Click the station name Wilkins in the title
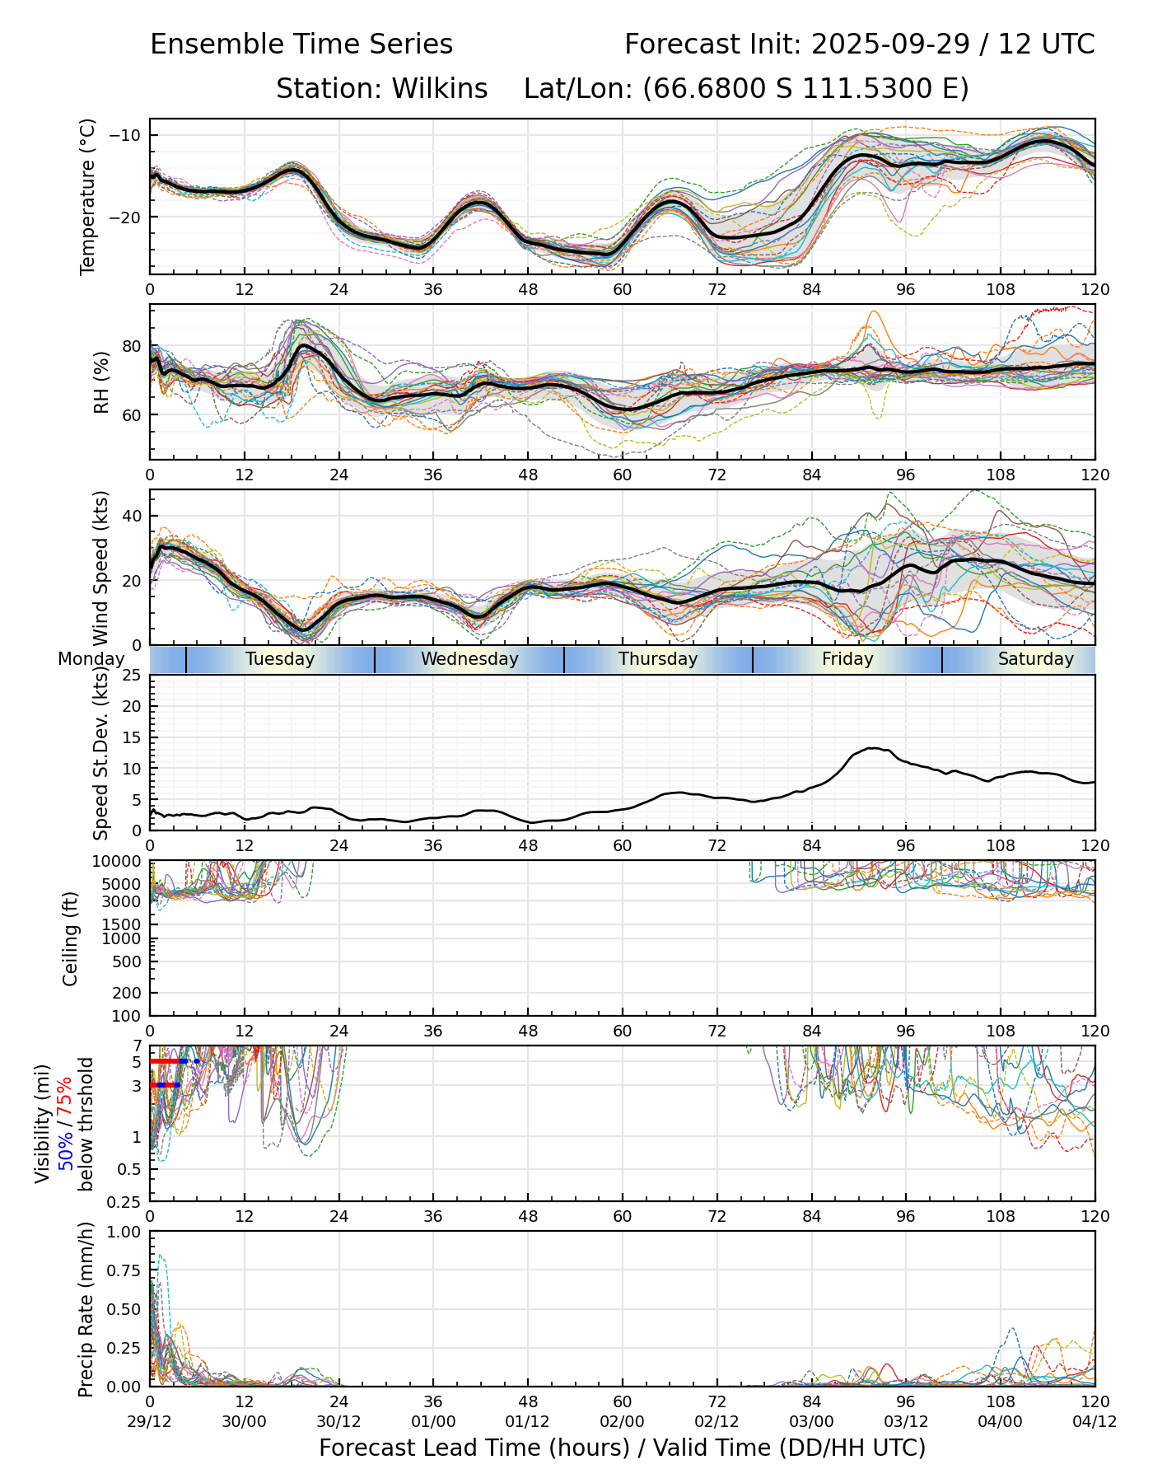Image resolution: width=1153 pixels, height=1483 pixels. [439, 88]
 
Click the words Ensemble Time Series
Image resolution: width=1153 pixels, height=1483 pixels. [301, 44]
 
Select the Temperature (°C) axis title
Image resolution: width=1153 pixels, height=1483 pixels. [88, 196]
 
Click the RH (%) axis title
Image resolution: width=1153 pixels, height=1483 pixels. [101, 382]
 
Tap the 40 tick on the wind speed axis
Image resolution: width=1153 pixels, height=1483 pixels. [132, 516]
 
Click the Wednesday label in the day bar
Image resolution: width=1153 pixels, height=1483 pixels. [469, 659]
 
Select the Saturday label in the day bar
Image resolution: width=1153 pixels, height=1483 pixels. [1035, 659]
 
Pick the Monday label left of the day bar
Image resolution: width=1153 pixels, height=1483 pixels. [91, 659]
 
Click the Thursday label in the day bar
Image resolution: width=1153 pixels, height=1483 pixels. [658, 659]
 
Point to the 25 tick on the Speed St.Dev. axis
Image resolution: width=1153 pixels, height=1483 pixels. [132, 676]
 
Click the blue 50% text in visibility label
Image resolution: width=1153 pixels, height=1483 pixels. [66, 1147]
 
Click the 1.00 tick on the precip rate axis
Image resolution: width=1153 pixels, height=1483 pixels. [124, 1233]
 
